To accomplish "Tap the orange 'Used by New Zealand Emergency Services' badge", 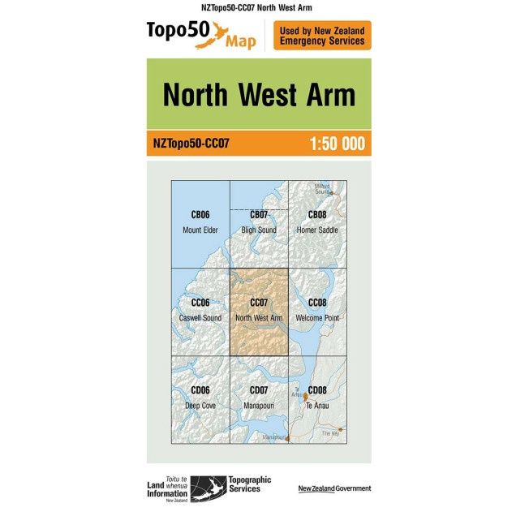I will point(322,36).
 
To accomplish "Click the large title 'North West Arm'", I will point(259,95).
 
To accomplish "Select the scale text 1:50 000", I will point(337,144).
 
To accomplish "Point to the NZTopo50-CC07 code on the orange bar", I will point(191,144).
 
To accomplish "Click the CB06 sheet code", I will point(200,215).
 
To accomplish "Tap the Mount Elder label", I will point(200,230).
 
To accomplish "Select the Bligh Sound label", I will point(259,230).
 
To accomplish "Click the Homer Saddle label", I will point(317,230).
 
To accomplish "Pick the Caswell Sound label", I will point(200,318).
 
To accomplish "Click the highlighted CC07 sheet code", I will point(259,303).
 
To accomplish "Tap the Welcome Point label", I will point(317,318).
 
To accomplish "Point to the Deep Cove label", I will point(200,405).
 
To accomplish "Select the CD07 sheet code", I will point(259,390).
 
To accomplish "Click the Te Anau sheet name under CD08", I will point(317,405).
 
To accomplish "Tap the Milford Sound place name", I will point(322,188).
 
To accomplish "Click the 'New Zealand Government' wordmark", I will point(334,488).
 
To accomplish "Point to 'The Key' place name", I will point(329,433).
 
